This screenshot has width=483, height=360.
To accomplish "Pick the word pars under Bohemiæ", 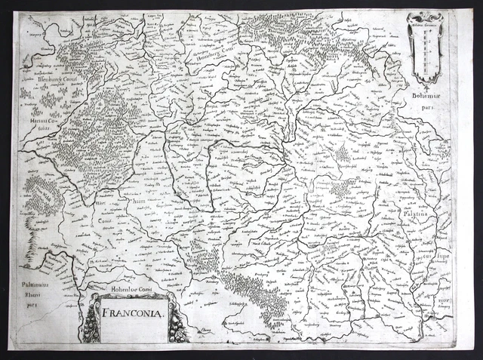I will click(429, 106).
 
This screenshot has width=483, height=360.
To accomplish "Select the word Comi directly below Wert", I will click(103, 212).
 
